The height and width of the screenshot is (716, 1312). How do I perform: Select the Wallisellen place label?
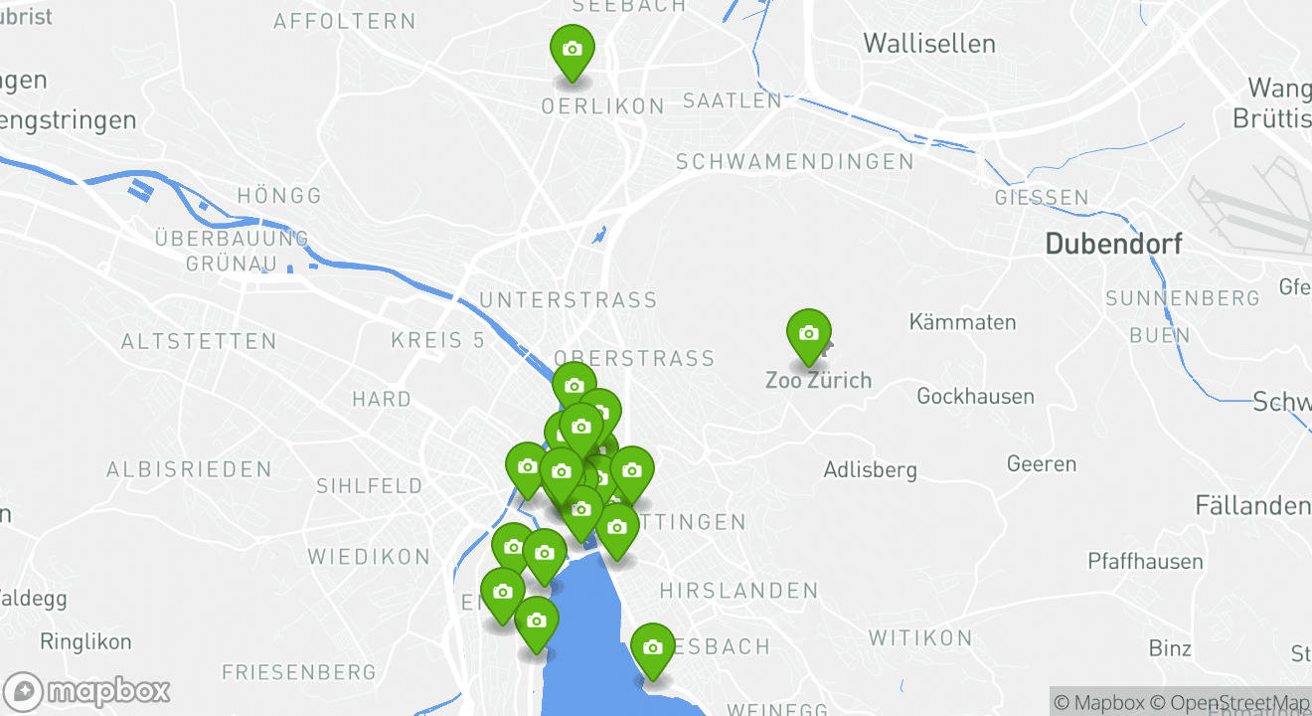[x=929, y=44]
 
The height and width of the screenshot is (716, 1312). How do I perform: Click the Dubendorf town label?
[x=1113, y=244]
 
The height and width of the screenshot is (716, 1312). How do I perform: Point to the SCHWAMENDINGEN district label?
[x=794, y=162]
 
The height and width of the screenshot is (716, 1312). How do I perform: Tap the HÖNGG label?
[x=280, y=196]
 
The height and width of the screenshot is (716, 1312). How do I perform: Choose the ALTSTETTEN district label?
[x=199, y=342]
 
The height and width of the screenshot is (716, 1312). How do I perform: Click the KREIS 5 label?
[x=437, y=340]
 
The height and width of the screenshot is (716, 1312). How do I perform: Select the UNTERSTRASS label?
[x=568, y=300]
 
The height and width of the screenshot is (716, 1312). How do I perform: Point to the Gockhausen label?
[x=975, y=397]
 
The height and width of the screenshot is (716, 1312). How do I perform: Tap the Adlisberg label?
[x=870, y=469]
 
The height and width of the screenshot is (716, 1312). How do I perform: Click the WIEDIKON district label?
[x=369, y=557]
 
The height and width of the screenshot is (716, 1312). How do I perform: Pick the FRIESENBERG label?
[x=299, y=673]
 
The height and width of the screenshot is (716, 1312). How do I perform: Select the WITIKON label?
[x=920, y=638]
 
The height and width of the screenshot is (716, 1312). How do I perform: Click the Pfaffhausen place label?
[x=1145, y=562]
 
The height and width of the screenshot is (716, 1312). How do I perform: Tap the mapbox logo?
[x=87, y=691]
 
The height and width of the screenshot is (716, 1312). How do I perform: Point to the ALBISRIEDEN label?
[x=189, y=469]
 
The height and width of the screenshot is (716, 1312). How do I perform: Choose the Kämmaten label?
[x=962, y=322]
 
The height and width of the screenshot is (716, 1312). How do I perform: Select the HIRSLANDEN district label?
[x=738, y=592]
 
